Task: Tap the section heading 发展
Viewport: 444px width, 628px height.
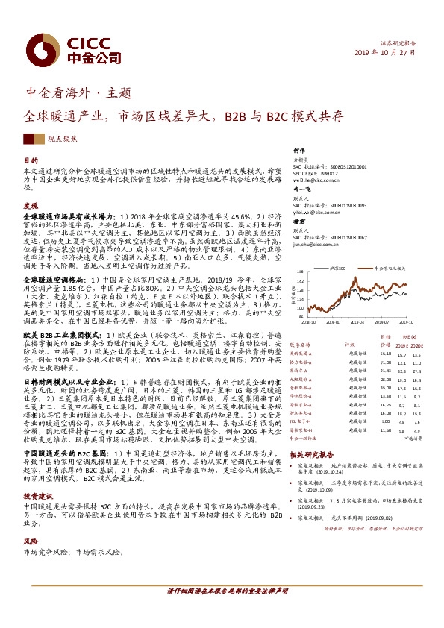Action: click(x=31, y=205)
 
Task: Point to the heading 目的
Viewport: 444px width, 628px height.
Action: click(x=31, y=160)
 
